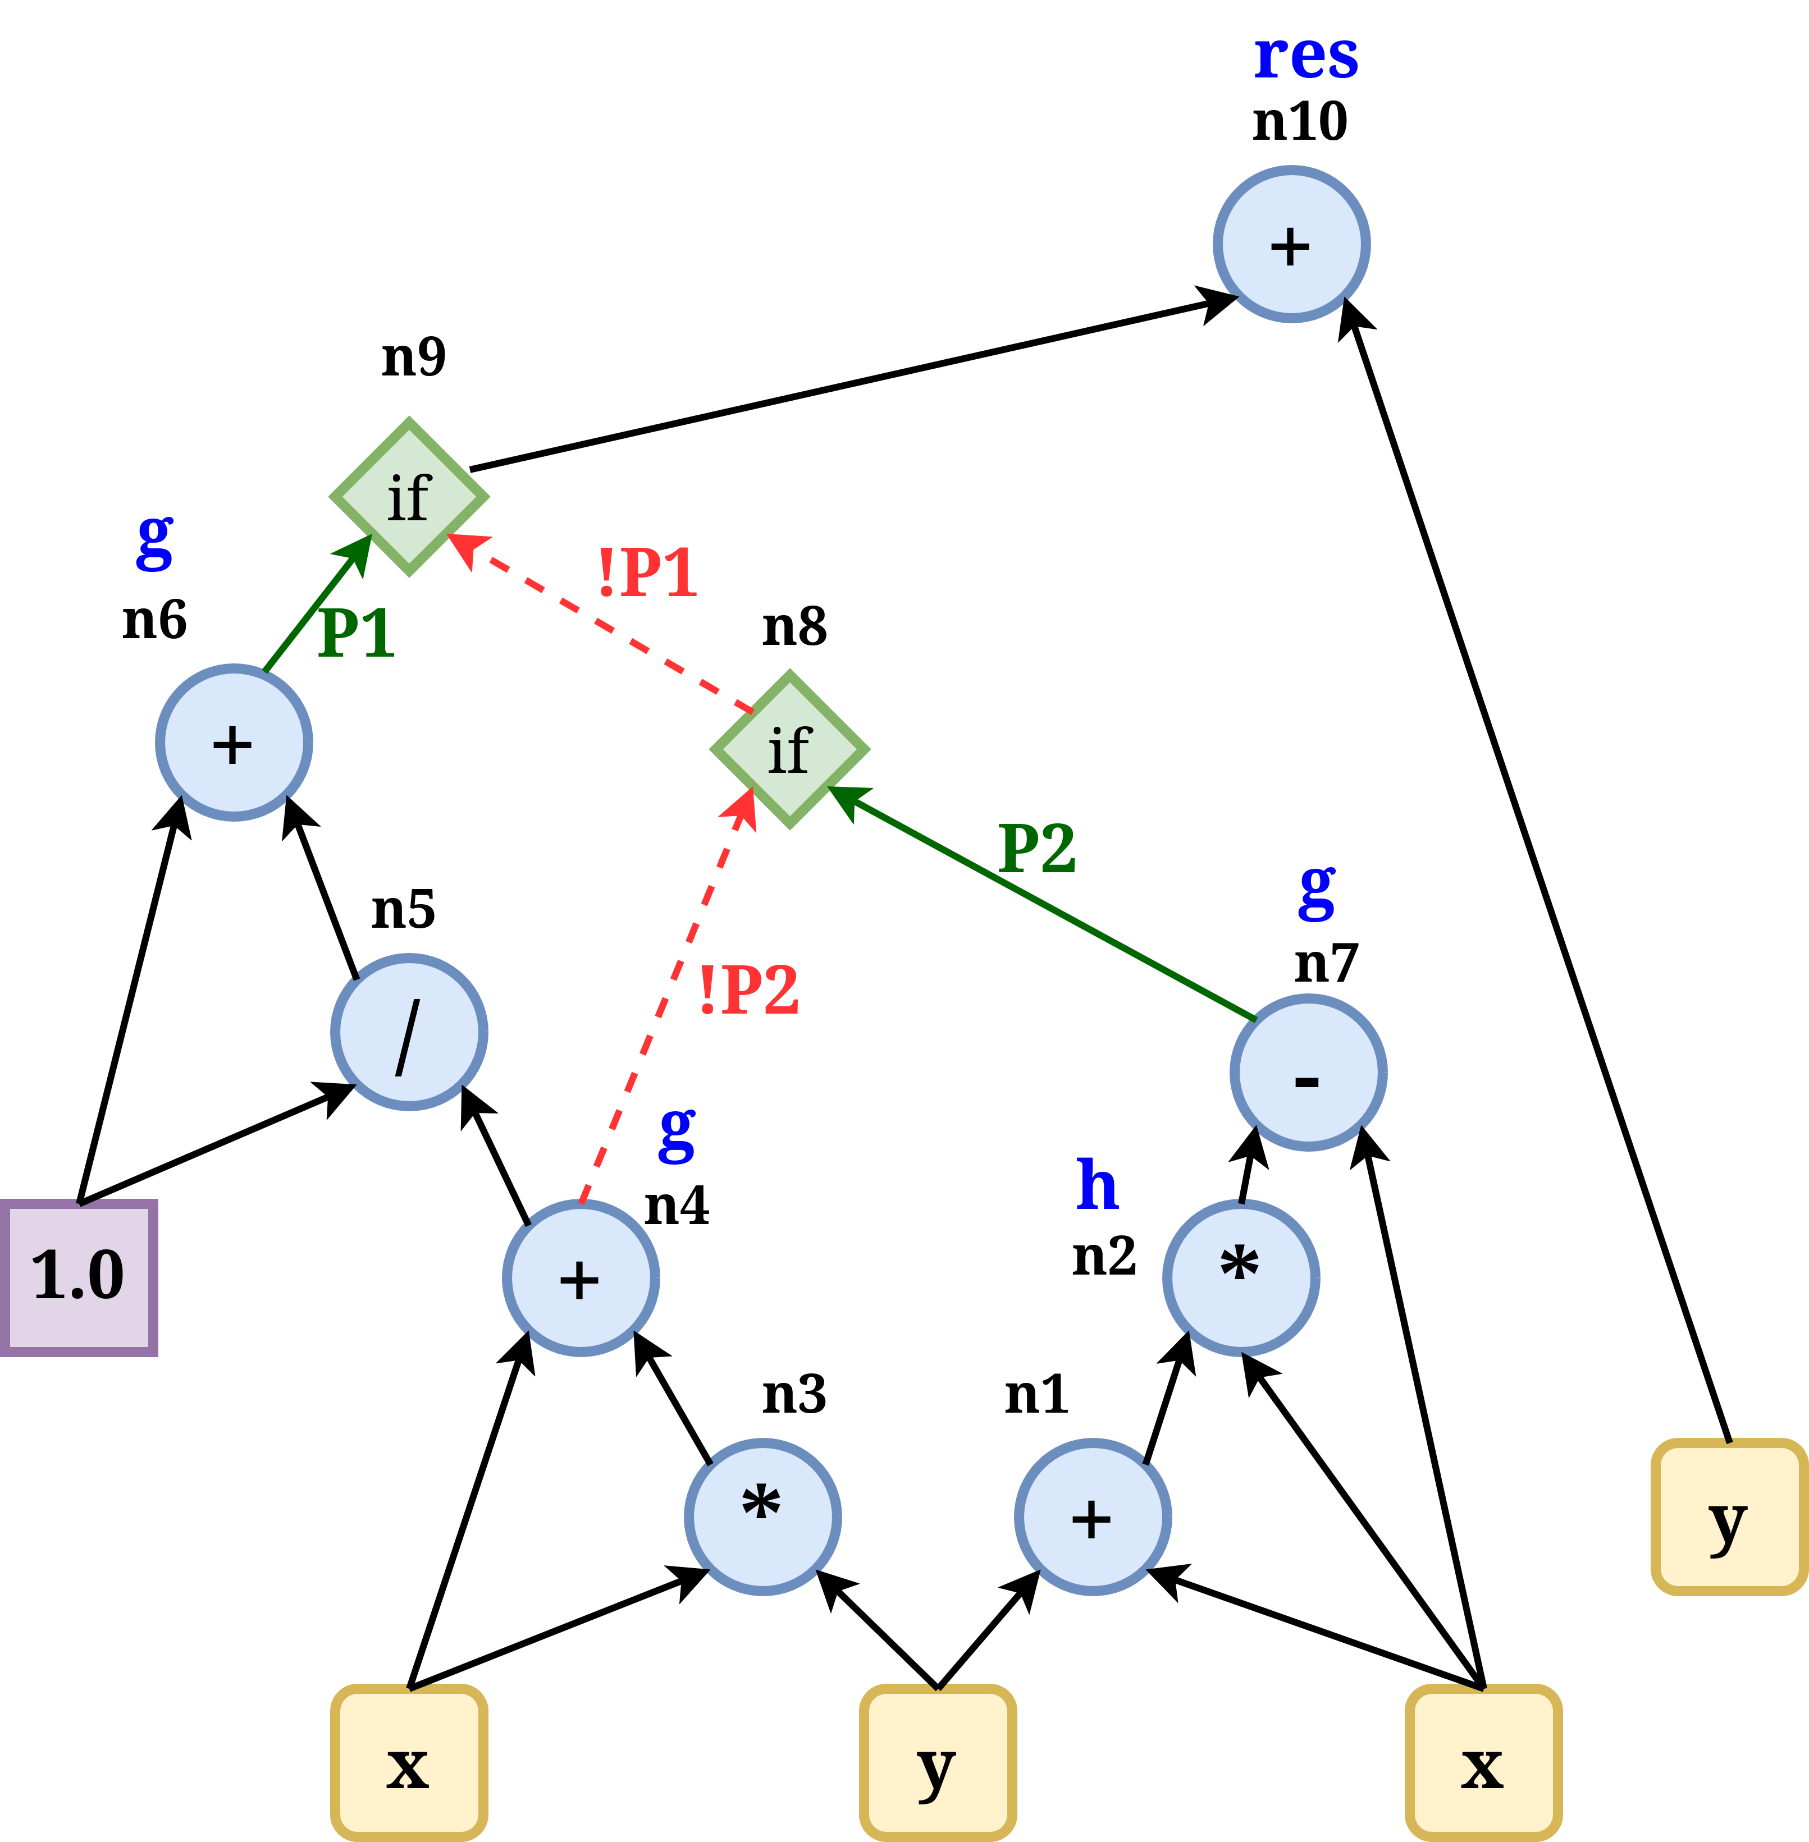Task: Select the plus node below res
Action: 1291,244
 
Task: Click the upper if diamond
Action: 409,497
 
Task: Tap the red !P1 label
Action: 647,573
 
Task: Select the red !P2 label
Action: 748,990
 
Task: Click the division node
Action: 409,1032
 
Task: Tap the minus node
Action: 1308,1073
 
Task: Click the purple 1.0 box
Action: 78,1277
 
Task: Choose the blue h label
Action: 1098,1185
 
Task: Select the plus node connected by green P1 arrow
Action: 234,742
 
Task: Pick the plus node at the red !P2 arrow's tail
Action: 581,1278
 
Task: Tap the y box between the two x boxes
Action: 938,1762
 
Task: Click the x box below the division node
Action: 409,1762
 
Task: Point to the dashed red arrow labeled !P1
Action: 599,622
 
